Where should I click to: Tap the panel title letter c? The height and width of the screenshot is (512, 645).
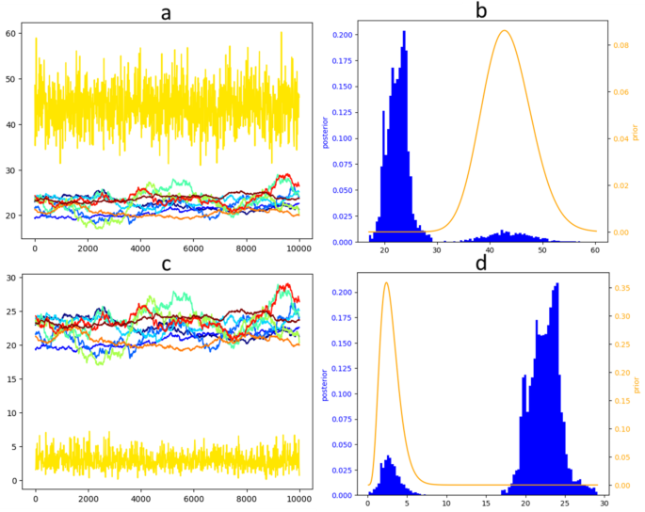[x=167, y=264]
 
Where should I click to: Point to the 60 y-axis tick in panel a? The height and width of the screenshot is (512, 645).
[x=12, y=34]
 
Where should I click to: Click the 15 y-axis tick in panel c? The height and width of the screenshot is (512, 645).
[x=12, y=379]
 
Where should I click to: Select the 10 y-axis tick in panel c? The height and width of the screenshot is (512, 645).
[x=12, y=413]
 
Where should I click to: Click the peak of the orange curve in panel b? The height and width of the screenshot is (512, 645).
[x=505, y=31]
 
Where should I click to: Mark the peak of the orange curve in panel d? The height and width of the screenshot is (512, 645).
[x=386, y=282]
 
